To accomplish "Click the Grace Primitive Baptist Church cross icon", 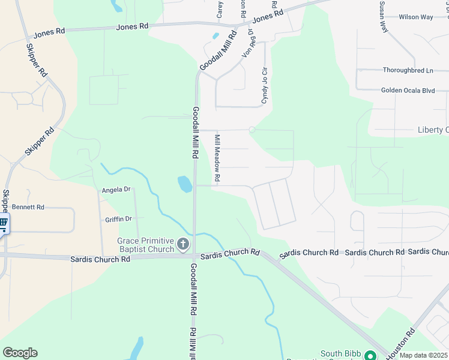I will point(183,245).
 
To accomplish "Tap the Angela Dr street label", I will point(116,190).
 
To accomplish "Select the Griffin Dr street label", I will point(118,220).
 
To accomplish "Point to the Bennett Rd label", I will point(28,207).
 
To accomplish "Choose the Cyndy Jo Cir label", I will point(264,86).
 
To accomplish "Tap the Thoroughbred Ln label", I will point(408,70).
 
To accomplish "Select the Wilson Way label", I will point(415,17).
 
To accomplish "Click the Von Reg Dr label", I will point(247,43).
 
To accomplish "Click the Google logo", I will point(20,353).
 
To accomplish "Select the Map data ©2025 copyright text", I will point(424,355).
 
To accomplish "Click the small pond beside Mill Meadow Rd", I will point(185,184).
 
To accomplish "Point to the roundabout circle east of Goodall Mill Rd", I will point(252,130).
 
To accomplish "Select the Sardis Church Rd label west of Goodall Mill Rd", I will point(100,259).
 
